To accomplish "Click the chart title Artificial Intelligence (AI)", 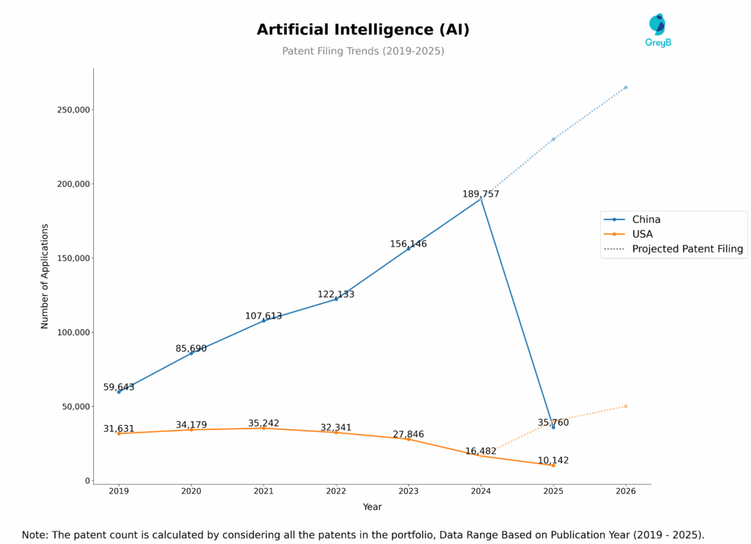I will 363,30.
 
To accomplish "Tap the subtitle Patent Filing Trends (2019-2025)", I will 363,51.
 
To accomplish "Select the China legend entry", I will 646,220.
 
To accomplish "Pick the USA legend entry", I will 643,234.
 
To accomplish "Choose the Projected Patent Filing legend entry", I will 687,249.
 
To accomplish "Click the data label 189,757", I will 480,195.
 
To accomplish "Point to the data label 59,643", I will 119,387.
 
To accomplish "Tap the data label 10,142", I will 553,460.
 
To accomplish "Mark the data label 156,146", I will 408,244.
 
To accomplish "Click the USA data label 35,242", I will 263,424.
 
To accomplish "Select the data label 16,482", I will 480,451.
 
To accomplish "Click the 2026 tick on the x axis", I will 625,491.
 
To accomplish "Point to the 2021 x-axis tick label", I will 263,491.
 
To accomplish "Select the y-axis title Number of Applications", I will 45,276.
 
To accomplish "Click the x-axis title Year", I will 372,507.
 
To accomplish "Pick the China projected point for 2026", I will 625,87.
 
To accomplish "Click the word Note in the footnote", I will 35,535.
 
